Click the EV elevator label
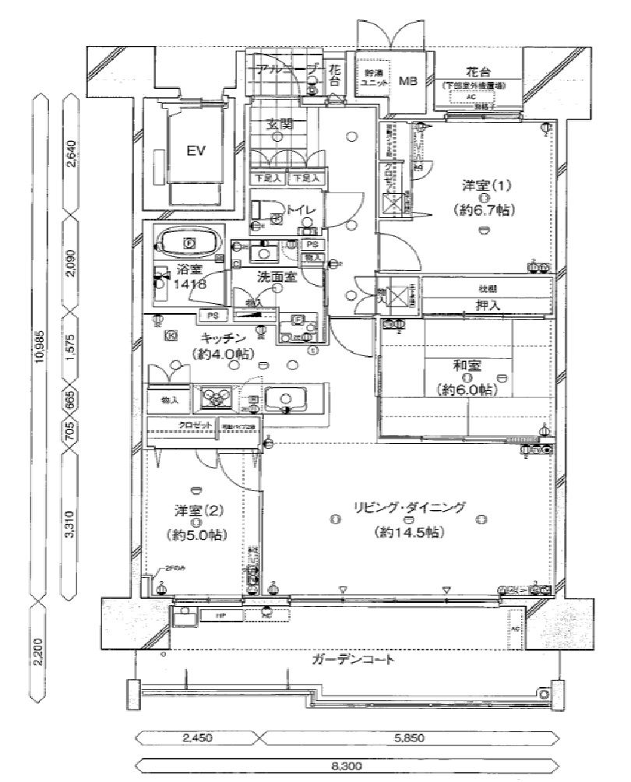click(x=195, y=151)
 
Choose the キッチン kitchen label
click(x=224, y=338)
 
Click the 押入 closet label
click(x=488, y=307)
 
